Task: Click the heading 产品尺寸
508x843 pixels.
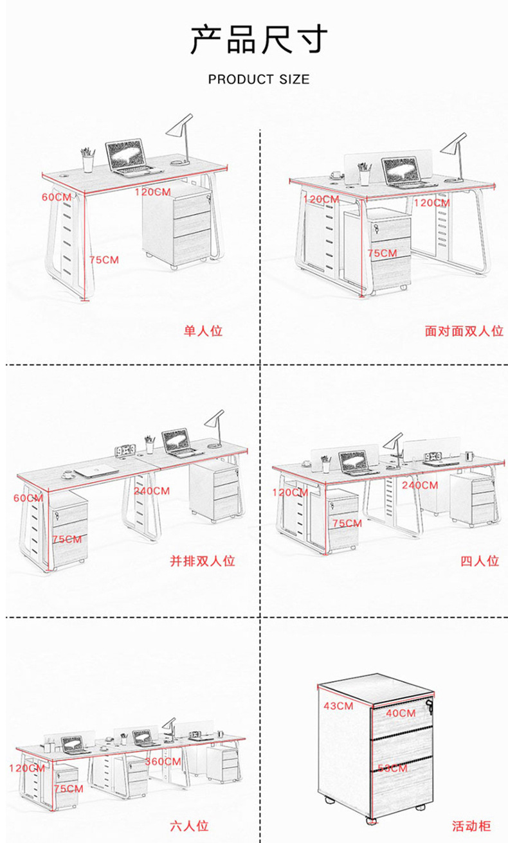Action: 259,40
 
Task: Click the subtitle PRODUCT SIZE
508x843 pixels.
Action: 259,80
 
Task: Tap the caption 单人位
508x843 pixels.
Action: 203,332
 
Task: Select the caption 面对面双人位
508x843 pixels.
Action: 463,332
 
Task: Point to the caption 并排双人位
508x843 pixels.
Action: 203,561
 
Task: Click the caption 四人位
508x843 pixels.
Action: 480,561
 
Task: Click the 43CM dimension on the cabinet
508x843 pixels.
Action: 338,706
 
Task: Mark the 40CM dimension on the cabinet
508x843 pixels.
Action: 401,713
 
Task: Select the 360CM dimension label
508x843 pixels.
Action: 163,761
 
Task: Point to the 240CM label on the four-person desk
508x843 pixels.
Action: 420,485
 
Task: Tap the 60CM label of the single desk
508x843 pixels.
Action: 57,197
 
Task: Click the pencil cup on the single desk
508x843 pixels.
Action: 88,160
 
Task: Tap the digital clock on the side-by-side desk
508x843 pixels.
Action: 125,450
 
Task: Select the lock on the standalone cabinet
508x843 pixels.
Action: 429,710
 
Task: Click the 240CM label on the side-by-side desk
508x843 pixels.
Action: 152,491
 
